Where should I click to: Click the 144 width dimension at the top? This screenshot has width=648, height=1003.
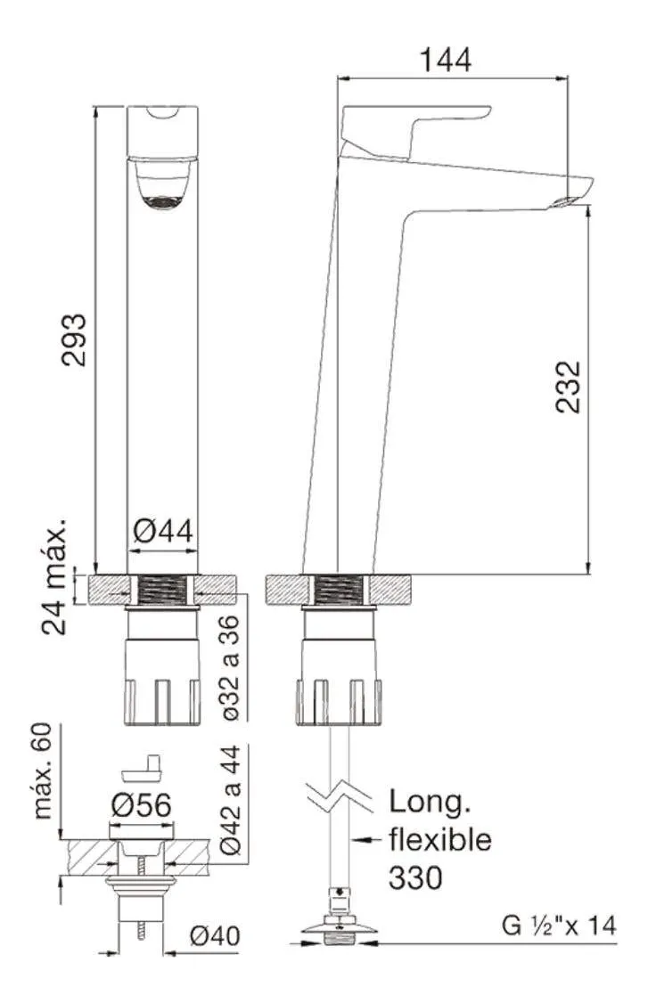tap(446, 61)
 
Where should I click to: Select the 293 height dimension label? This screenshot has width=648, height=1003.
tap(74, 339)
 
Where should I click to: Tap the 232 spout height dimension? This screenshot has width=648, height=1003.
tap(568, 387)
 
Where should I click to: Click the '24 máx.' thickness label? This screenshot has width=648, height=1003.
tap(54, 576)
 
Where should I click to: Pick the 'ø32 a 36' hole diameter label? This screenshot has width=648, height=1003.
tap(231, 668)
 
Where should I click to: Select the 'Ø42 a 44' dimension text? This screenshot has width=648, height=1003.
tap(230, 800)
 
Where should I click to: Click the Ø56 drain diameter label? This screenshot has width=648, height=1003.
tap(141, 805)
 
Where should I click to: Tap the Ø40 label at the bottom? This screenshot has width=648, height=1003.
tap(215, 936)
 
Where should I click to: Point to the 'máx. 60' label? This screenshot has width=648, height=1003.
tap(42, 771)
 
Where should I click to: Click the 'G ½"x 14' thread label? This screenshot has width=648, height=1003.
tap(559, 926)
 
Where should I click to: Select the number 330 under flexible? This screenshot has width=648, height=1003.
tap(415, 877)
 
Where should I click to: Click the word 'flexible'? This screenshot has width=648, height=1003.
tap(440, 840)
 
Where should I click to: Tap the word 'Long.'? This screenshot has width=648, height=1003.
tap(430, 803)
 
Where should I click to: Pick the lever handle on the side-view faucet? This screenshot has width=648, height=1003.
tap(415, 131)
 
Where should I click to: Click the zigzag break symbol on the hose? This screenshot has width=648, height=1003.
tap(340, 796)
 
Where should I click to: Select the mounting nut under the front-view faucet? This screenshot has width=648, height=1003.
tap(162, 682)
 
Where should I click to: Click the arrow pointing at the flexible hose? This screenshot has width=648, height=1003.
tap(367, 839)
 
